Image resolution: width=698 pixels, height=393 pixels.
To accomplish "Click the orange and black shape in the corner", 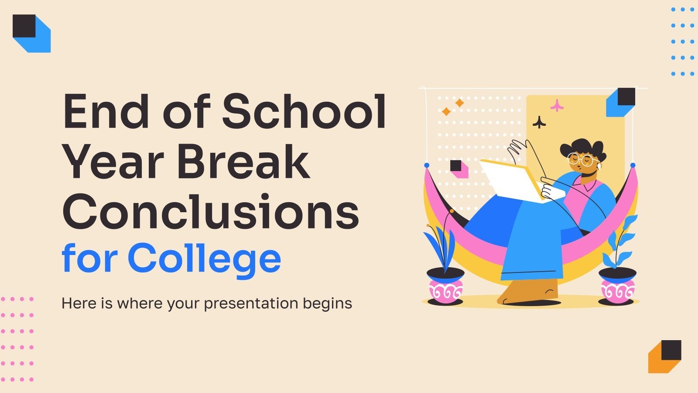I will pyautogui.click(x=664, y=356).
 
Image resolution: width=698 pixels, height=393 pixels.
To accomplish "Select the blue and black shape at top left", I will pyautogui.click(x=31, y=33).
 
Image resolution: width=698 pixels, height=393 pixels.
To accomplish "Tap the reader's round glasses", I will pyautogui.click(x=580, y=159).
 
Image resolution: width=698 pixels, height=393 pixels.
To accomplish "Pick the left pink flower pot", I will pyautogui.click(x=445, y=287).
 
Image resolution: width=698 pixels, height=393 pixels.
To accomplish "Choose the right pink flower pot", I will pyautogui.click(x=617, y=287).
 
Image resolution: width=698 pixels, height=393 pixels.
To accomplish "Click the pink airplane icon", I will pyautogui.click(x=557, y=105).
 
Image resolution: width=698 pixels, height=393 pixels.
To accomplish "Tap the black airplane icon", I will pyautogui.click(x=540, y=123).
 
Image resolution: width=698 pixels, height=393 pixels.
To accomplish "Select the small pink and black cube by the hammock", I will pyautogui.click(x=458, y=169).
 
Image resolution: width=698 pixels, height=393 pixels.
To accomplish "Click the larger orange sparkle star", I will pyautogui.click(x=459, y=103).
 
